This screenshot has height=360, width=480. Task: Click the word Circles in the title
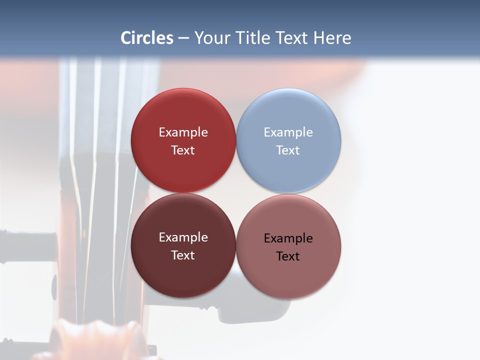(x=147, y=38)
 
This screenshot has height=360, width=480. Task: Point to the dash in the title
(x=183, y=38)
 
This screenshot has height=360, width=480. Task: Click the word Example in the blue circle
(x=288, y=132)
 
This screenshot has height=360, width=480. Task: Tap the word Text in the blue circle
(x=288, y=150)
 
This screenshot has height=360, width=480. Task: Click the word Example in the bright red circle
(x=183, y=132)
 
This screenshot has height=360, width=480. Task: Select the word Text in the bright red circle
(x=183, y=150)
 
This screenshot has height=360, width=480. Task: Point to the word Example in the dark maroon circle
(x=183, y=237)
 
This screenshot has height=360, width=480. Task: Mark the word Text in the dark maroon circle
(x=183, y=255)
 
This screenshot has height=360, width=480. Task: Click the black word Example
(x=288, y=238)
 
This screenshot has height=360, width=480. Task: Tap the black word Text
(x=288, y=256)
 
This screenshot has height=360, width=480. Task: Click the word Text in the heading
(x=292, y=38)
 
